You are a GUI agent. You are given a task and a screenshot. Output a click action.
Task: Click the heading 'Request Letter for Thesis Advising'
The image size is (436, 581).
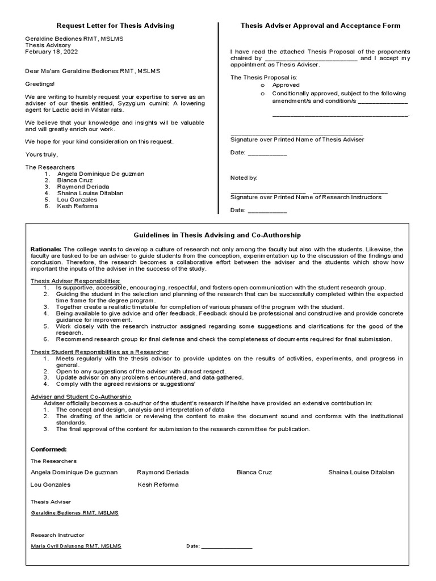[115, 26]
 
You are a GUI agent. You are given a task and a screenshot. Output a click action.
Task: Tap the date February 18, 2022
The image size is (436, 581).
[52, 52]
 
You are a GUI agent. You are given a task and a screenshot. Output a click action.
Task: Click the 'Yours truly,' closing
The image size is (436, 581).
[41, 154]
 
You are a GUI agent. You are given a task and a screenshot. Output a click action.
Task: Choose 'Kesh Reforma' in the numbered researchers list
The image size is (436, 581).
[78, 207]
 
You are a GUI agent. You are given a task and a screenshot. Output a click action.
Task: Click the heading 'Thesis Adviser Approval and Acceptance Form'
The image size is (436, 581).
[320, 26]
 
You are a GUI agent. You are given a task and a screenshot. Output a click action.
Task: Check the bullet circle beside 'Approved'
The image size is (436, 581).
[263, 85]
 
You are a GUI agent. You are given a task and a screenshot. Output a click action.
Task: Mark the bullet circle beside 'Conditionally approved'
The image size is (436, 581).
[263, 94]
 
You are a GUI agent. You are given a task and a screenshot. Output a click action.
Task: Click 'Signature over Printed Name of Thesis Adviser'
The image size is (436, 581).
[297, 140]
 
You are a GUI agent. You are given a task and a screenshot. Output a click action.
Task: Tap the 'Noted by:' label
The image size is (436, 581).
[244, 178]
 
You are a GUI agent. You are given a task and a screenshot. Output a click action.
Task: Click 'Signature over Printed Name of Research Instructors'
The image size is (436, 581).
[305, 197]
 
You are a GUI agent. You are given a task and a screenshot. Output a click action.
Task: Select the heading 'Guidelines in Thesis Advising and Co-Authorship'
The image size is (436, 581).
[217, 235]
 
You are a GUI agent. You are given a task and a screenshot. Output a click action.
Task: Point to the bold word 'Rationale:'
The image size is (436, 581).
[45, 249]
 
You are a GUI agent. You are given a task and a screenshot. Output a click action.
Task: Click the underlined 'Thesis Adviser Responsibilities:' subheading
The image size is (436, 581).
[75, 281]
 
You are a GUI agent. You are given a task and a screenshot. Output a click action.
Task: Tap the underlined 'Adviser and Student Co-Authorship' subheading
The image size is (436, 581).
[81, 396]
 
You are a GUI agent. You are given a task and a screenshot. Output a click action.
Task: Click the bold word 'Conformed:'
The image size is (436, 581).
[48, 449]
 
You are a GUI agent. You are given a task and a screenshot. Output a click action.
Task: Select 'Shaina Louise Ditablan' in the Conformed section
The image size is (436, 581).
[361, 472]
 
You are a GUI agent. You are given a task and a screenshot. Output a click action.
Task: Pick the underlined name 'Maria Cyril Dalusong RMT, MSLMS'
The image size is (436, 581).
[76, 546]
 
